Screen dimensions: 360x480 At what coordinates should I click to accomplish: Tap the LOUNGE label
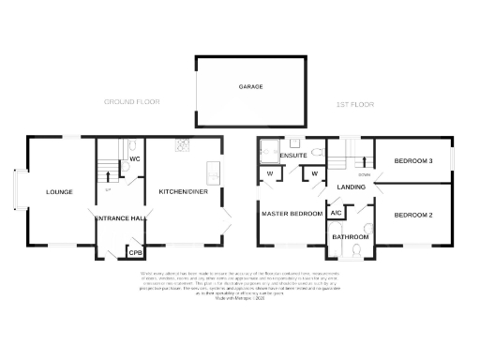click(x=59, y=192)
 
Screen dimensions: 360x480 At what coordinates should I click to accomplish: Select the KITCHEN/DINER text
click(x=183, y=191)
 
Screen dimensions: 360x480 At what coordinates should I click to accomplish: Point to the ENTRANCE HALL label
click(x=119, y=218)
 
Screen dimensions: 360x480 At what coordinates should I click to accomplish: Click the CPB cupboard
click(x=135, y=252)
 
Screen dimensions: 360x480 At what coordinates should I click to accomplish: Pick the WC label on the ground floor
click(x=134, y=158)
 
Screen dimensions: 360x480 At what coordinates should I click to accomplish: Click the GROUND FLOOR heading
click(x=132, y=101)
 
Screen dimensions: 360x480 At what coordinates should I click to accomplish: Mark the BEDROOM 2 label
click(x=412, y=215)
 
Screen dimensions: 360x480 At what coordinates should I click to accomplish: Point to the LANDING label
click(x=352, y=188)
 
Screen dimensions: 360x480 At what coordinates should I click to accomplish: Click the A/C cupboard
click(x=336, y=213)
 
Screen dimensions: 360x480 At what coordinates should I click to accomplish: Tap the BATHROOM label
click(x=351, y=237)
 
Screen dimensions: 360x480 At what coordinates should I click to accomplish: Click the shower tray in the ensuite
click(x=269, y=150)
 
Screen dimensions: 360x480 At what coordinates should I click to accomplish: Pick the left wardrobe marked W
click(x=271, y=173)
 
